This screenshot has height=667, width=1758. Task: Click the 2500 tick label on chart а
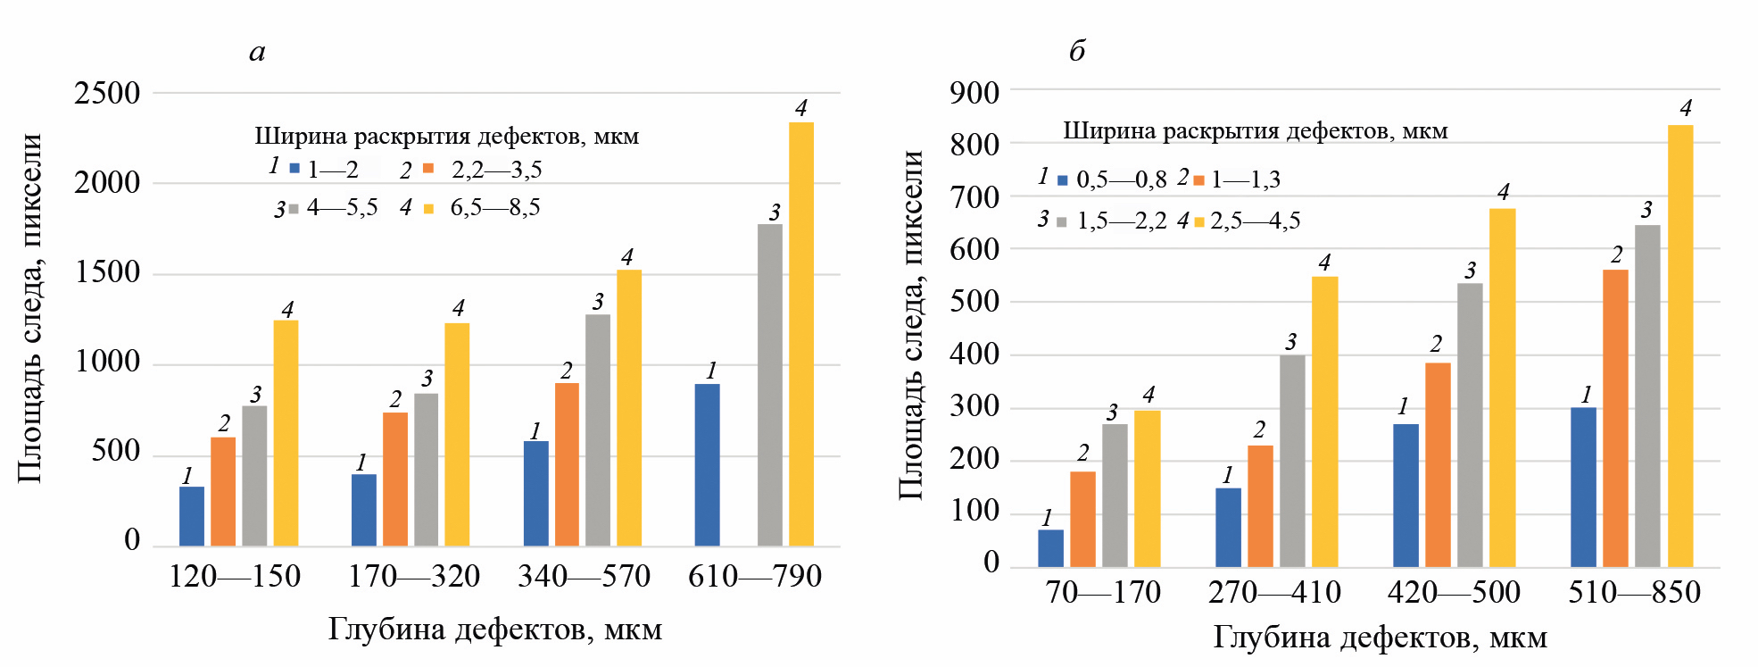(x=107, y=93)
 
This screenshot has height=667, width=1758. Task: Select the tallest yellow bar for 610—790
(x=800, y=334)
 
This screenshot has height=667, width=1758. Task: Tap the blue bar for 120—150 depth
(x=192, y=516)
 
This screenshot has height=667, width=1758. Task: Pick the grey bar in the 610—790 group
(x=769, y=385)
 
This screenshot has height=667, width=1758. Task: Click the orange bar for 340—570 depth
(x=567, y=464)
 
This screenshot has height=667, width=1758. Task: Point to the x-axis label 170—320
(x=414, y=577)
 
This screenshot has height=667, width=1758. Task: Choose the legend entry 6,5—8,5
(x=494, y=208)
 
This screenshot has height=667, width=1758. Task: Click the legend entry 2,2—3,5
(x=496, y=170)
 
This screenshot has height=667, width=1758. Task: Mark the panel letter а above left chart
(x=257, y=53)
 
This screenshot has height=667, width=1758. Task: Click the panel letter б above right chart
(x=1077, y=52)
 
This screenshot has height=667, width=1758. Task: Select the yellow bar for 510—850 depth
(x=1680, y=346)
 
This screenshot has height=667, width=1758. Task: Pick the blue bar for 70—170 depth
(x=1050, y=548)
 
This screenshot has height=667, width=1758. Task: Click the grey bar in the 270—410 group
(x=1292, y=461)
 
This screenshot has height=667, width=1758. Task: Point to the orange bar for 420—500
(x=1438, y=464)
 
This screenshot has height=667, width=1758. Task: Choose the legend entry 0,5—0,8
(x=1121, y=180)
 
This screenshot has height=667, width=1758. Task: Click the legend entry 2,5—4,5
(x=1255, y=221)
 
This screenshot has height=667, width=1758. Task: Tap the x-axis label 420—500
(x=1454, y=592)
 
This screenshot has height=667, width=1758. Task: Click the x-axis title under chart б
(x=1380, y=638)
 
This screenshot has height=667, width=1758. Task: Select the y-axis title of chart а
(x=30, y=308)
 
